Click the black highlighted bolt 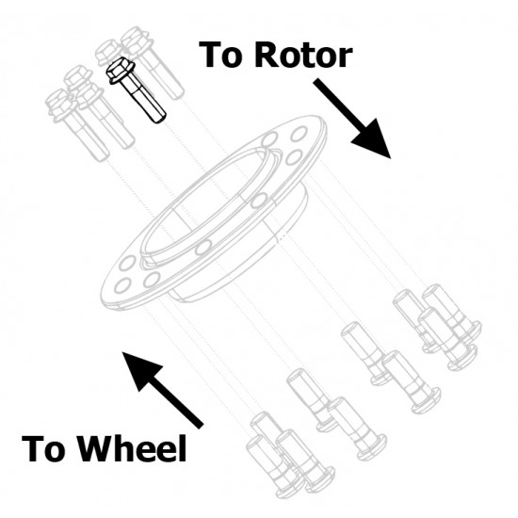[136, 89]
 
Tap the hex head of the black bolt [120, 70]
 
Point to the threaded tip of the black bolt [159, 117]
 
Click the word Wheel [133, 448]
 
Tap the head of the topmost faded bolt [137, 39]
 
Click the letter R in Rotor [267, 56]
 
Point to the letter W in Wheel [97, 448]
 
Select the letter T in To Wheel [33, 448]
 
